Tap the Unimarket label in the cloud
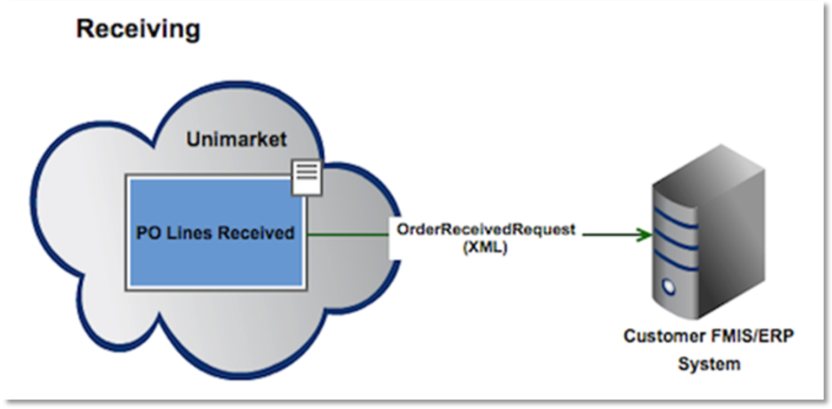[x=236, y=140]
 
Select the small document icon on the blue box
[x=307, y=178]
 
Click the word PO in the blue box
[x=147, y=232]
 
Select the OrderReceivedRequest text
[x=486, y=230]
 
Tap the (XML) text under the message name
[x=485, y=247]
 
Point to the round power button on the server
[x=669, y=286]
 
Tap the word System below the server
[x=709, y=363]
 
